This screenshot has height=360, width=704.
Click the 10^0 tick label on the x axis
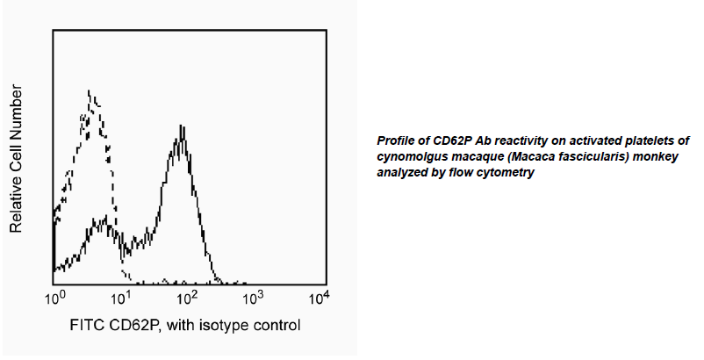pyautogui.click(x=54, y=299)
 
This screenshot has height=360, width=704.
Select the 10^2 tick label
pyautogui.click(x=188, y=299)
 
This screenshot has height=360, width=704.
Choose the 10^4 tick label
pyautogui.click(x=320, y=299)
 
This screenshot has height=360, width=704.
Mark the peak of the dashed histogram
pyautogui.click(x=90, y=90)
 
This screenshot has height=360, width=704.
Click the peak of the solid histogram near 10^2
pyautogui.click(x=180, y=138)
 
